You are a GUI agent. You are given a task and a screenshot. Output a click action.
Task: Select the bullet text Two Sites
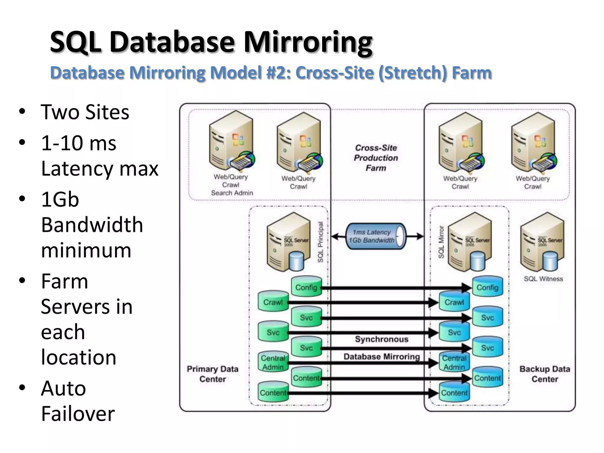click(85, 112)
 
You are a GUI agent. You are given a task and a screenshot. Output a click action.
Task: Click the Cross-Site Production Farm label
click(376, 158)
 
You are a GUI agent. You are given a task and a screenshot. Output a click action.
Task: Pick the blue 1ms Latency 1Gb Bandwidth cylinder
click(375, 236)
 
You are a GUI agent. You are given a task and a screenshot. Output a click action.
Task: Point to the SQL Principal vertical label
click(321, 242)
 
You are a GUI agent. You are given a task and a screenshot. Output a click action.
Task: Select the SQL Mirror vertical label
click(441, 242)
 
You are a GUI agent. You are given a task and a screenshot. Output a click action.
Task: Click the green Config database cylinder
click(306, 286)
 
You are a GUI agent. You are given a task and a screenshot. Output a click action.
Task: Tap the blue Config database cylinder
click(487, 286)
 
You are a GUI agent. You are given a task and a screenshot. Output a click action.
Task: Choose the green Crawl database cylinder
click(273, 301)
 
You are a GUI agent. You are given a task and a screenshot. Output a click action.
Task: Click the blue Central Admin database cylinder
click(454, 362)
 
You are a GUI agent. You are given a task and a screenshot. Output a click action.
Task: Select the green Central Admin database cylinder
click(273, 362)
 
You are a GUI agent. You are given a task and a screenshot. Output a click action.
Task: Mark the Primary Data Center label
click(212, 374)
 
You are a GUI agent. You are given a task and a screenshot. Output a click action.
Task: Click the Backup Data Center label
click(544, 374)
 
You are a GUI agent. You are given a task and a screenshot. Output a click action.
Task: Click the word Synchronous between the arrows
click(382, 339)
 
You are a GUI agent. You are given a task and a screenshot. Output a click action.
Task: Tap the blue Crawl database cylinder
click(454, 301)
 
